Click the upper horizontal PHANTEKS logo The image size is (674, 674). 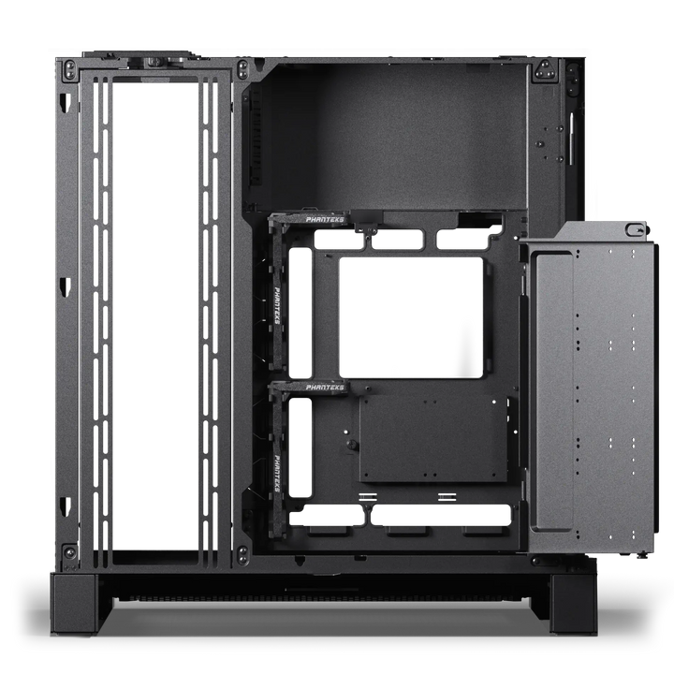[x=325, y=220]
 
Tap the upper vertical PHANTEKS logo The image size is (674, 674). [x=277, y=305]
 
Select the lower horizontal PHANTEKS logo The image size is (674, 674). [x=325, y=388]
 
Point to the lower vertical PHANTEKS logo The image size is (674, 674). [x=277, y=474]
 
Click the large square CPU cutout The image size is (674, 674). [x=411, y=317]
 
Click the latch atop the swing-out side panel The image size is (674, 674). [x=637, y=229]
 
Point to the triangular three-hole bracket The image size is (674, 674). [x=546, y=70]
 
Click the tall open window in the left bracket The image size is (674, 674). [x=155, y=315]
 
